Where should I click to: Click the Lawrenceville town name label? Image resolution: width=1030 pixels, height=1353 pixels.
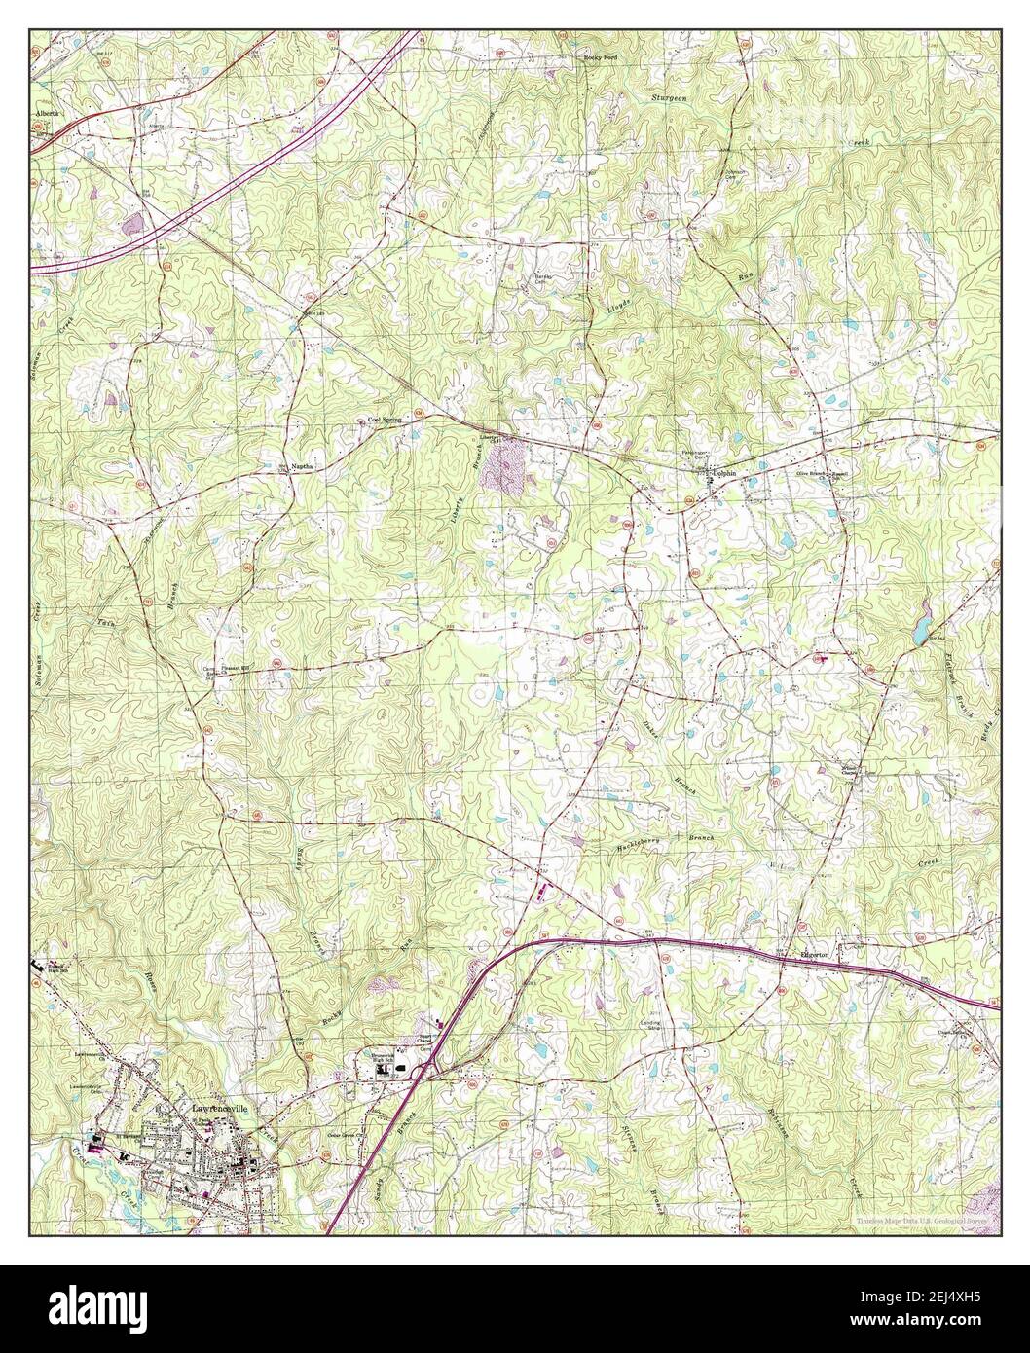tap(217, 1109)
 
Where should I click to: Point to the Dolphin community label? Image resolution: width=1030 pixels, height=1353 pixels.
tap(724, 474)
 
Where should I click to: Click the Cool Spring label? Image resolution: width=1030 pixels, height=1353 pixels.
tap(384, 421)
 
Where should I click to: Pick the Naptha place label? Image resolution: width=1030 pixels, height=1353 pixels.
tap(302, 468)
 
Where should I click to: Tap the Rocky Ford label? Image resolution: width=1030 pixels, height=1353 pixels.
tap(600, 58)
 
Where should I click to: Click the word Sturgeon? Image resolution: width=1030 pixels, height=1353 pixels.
tap(671, 98)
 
